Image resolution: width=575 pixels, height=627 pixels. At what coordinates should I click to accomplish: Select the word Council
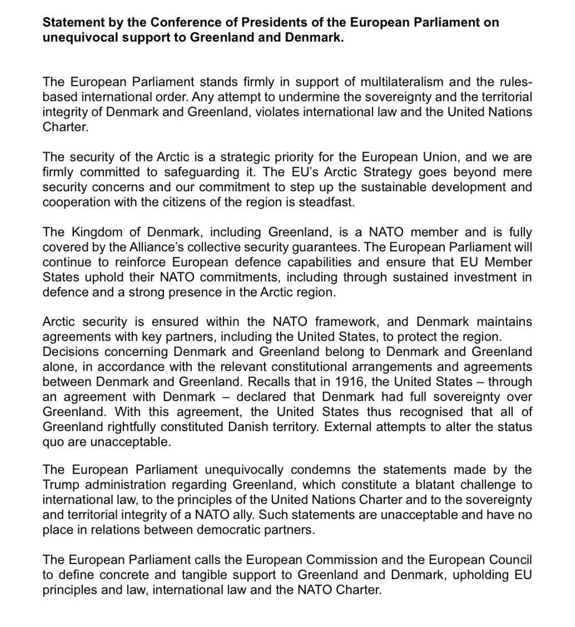(x=511, y=560)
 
